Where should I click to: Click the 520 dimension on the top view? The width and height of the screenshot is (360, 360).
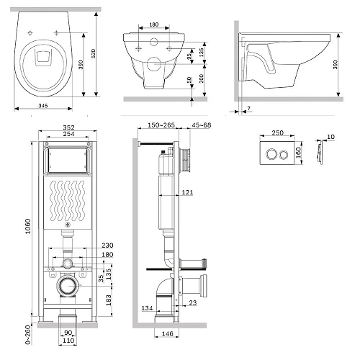click(94, 53)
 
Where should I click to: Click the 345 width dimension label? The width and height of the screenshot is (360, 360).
click(43, 106)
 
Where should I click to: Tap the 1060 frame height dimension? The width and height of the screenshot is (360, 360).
click(28, 226)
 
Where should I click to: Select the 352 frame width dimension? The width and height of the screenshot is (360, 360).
click(68, 127)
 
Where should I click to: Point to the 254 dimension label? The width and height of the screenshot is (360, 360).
click(68, 134)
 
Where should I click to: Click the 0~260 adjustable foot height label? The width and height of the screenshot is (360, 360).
click(28, 335)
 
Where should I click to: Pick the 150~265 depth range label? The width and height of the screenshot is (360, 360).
click(161, 125)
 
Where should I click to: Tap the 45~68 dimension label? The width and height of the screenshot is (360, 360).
click(202, 125)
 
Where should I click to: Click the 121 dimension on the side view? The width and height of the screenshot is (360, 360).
click(187, 192)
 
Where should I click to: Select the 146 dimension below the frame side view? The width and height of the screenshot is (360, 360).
click(167, 334)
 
